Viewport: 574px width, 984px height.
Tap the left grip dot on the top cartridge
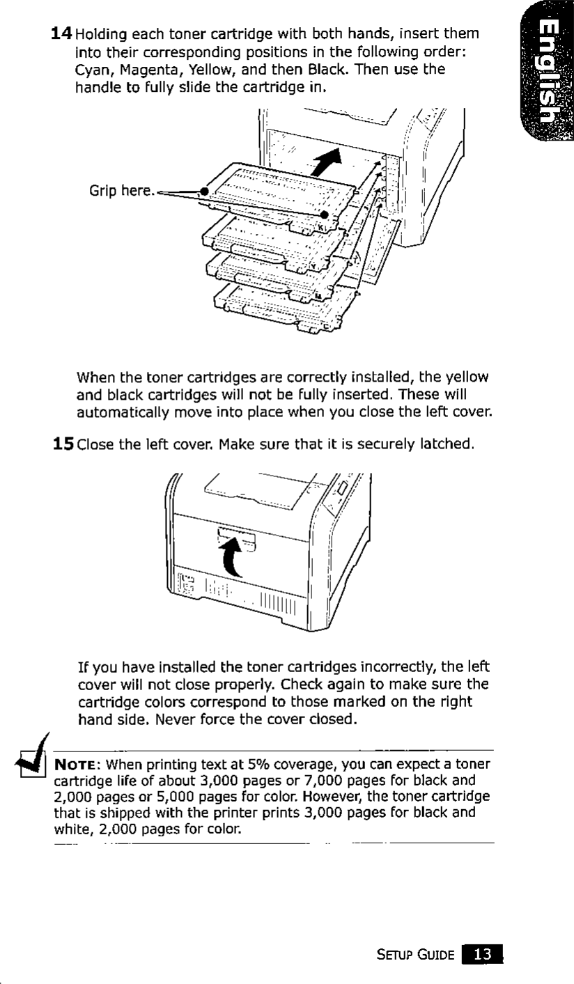(204, 190)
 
